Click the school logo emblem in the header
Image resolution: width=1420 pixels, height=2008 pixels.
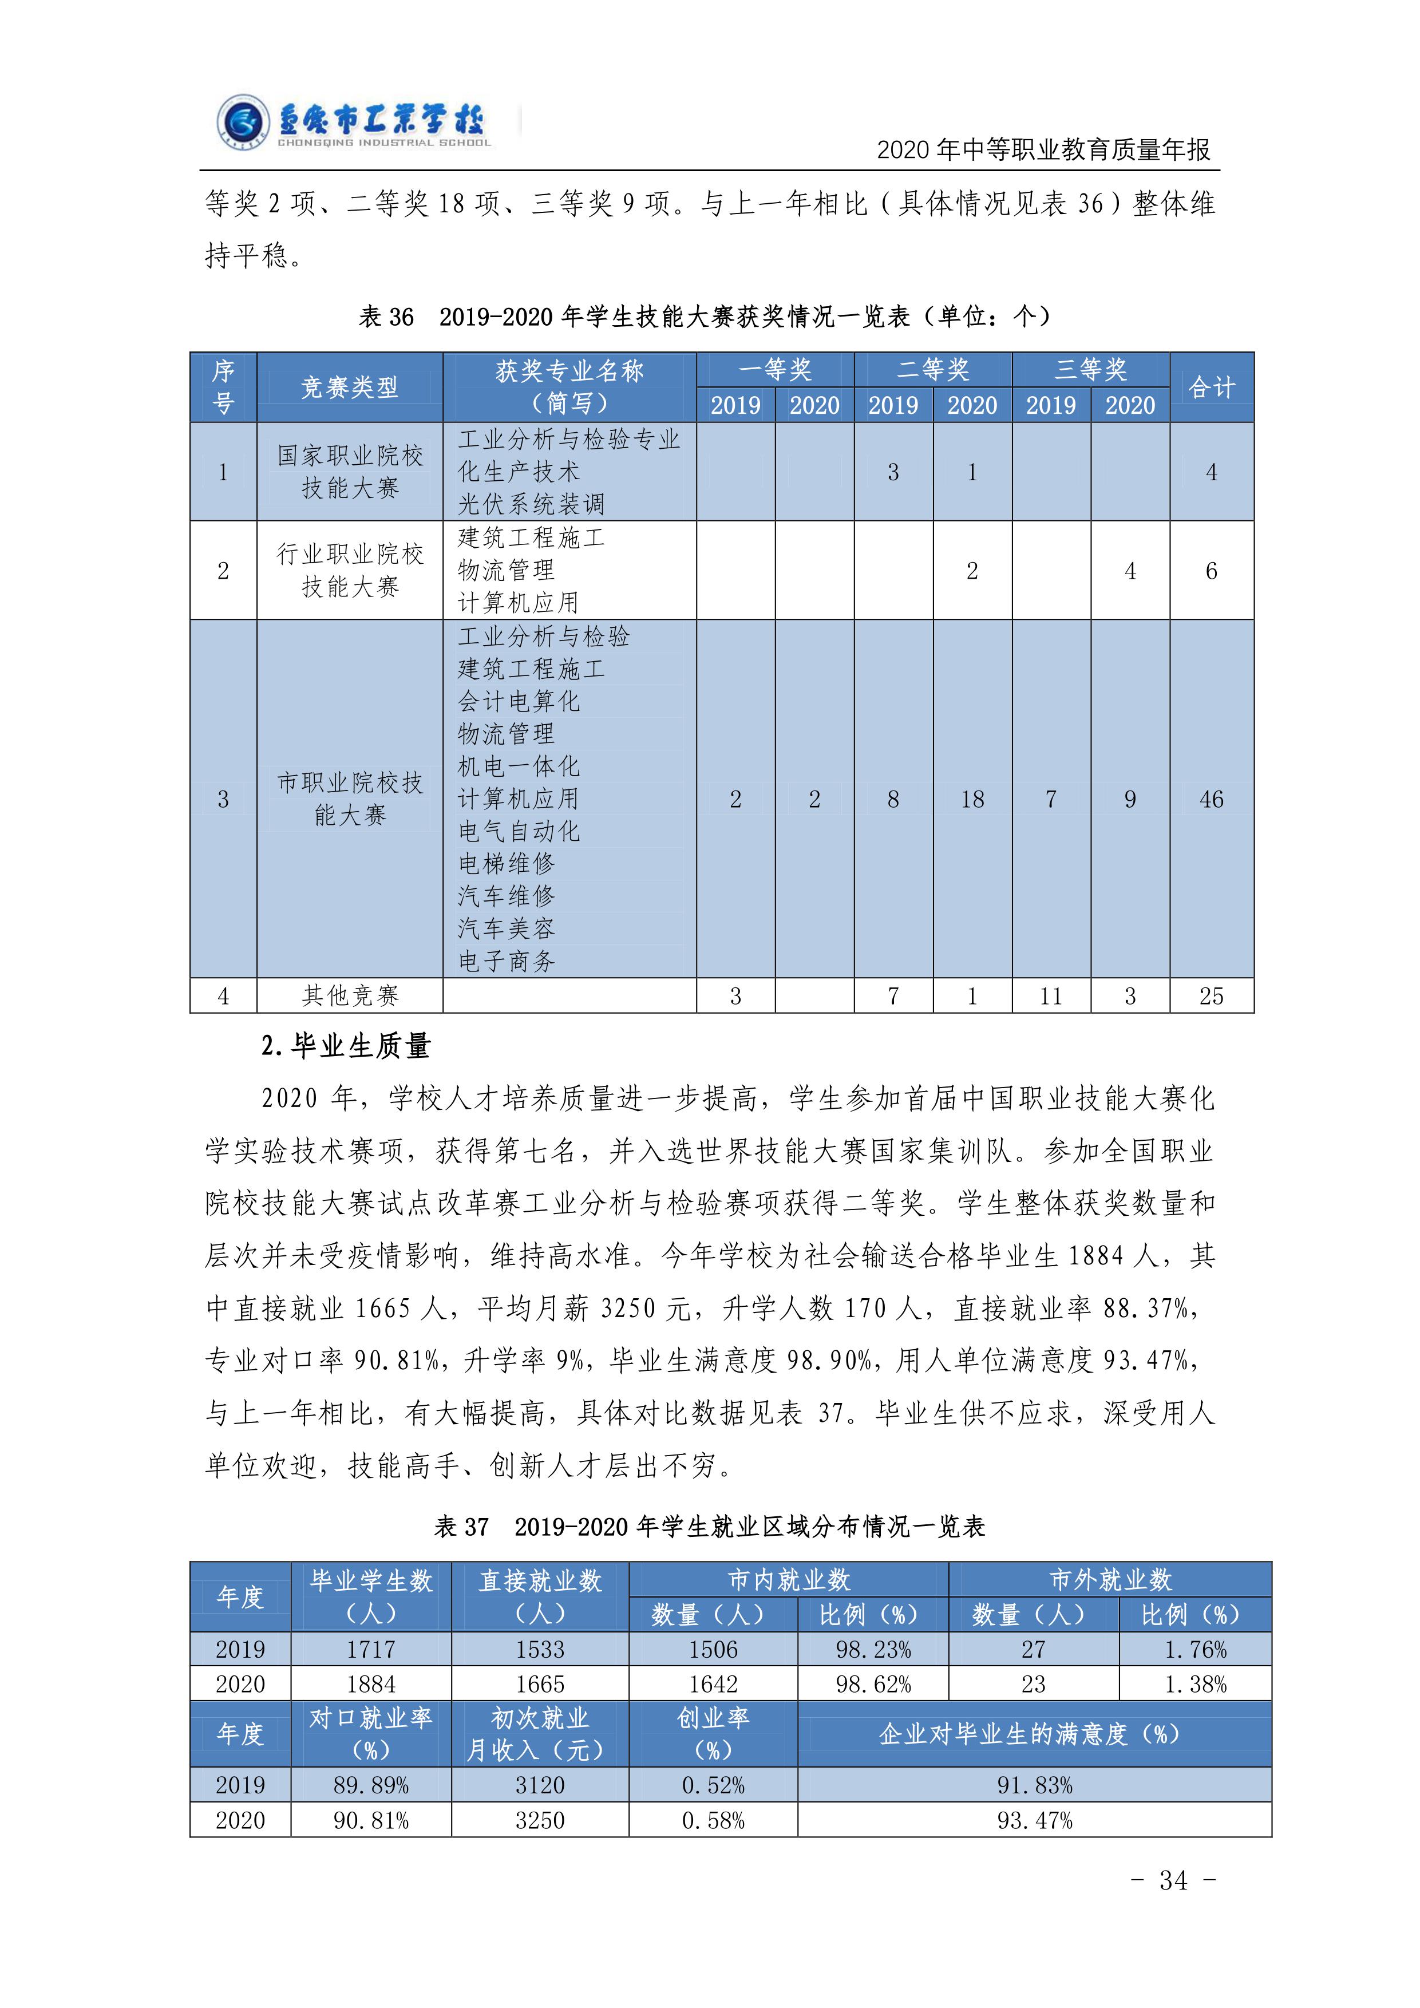[x=242, y=122]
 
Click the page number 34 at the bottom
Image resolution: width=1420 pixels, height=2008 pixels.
[x=1173, y=1879]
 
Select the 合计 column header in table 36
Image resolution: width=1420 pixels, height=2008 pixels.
[x=1211, y=388]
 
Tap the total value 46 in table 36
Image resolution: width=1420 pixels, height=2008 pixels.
[x=1211, y=799]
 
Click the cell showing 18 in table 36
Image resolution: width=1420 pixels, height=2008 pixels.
[x=972, y=799]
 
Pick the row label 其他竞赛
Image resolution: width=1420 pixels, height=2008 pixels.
[x=350, y=995]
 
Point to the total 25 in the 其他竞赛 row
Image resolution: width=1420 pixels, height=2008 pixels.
[x=1211, y=995]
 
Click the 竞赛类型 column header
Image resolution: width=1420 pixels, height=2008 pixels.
[x=350, y=388]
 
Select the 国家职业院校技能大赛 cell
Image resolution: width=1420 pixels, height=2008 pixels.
[x=350, y=472]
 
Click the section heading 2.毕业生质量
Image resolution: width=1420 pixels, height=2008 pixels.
[x=346, y=1046]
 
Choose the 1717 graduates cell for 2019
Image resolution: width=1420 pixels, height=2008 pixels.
[x=371, y=1650]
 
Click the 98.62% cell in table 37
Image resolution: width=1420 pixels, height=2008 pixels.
[x=873, y=1685]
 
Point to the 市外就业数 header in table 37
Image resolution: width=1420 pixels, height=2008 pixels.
[x=1110, y=1579]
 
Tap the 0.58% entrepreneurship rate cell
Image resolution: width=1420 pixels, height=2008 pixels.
[x=713, y=1820]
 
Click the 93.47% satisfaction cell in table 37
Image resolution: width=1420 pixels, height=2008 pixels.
[x=1034, y=1820]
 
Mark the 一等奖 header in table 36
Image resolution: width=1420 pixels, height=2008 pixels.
[x=775, y=370]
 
